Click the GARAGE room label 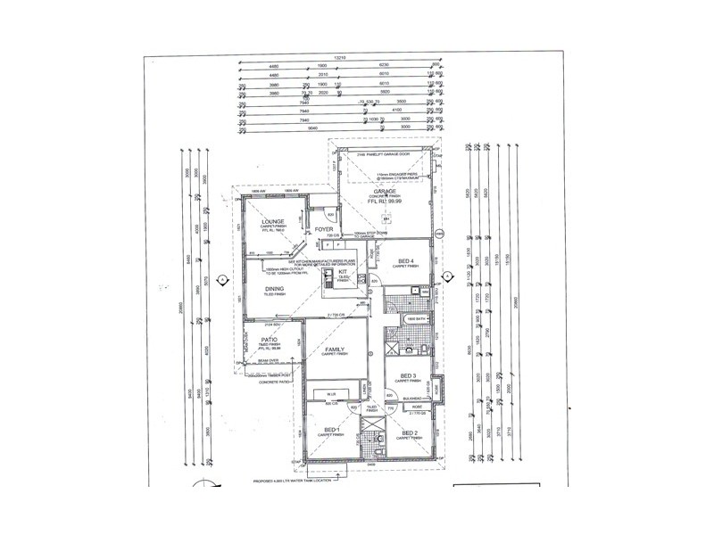click(x=384, y=192)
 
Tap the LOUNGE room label click(x=273, y=220)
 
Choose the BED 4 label click(x=405, y=259)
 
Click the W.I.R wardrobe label click(x=329, y=392)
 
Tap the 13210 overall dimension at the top click(x=338, y=58)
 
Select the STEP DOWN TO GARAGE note click(x=368, y=235)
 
